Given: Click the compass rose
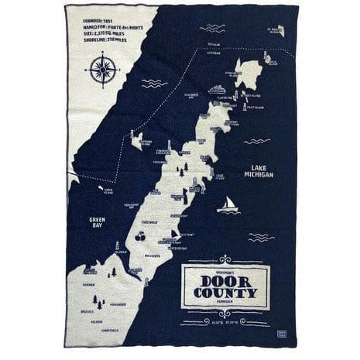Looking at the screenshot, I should point(104,70).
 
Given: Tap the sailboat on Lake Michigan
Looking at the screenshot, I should point(228,205).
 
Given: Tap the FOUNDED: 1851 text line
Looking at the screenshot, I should point(93,15).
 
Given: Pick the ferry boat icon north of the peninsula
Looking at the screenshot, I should point(219,89).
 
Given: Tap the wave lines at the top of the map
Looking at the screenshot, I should point(211,28).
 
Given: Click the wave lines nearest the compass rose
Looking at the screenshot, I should point(153,83).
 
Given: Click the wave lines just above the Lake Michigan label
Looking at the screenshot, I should point(255,141).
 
